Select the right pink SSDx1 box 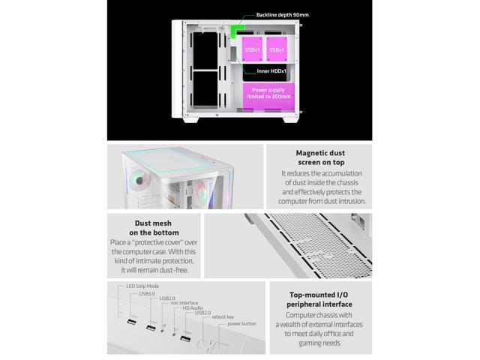(276, 49)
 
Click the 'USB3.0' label (148, 293)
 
